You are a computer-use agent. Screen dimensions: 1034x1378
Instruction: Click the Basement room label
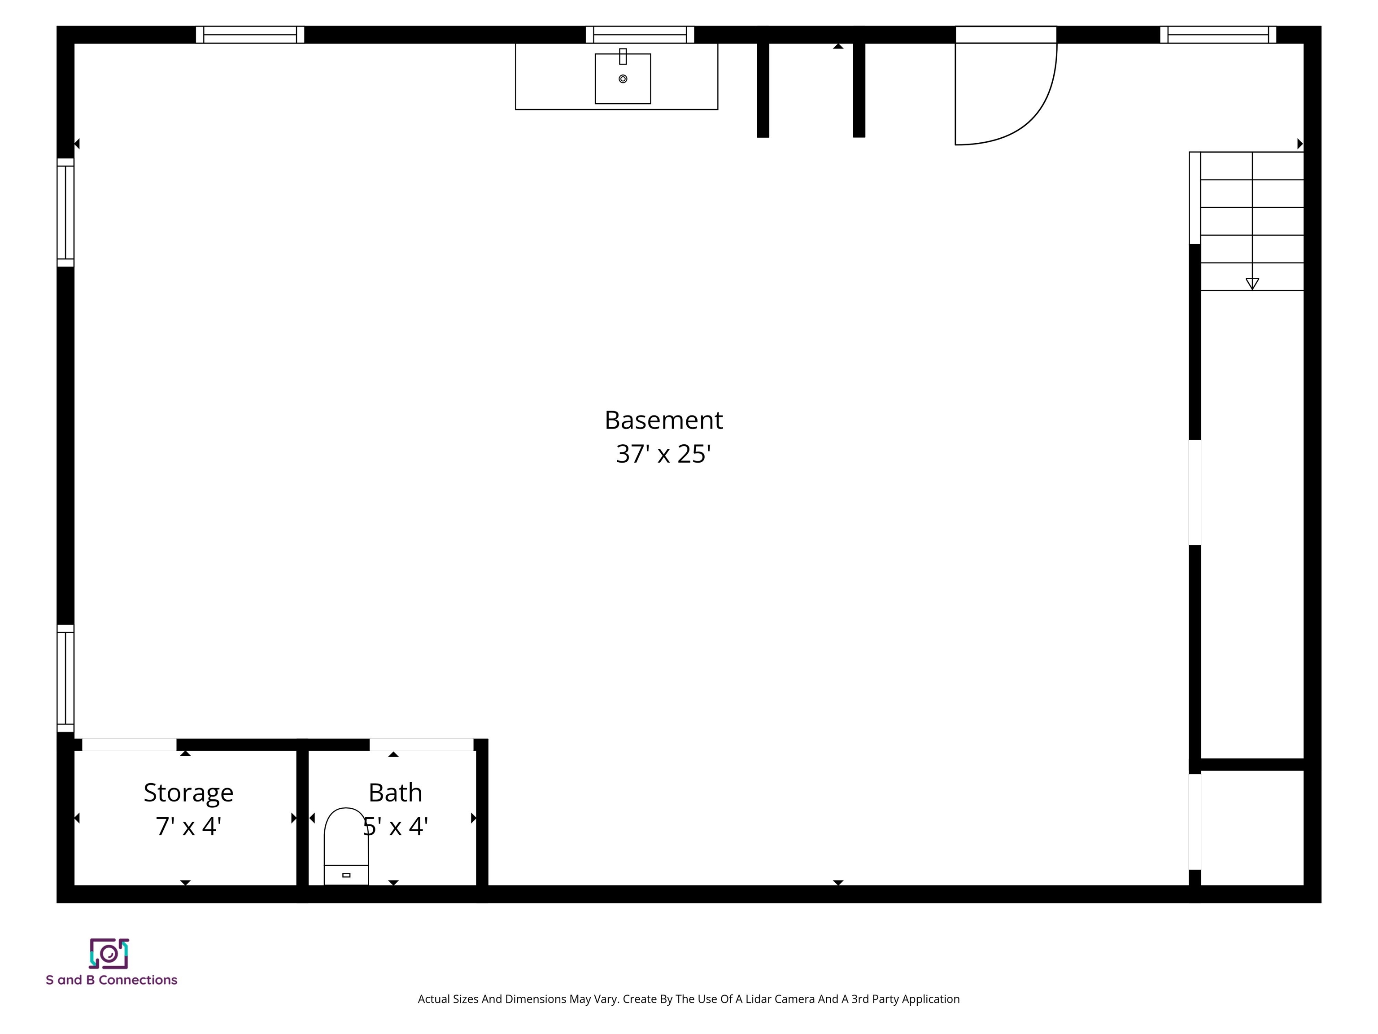[663, 420]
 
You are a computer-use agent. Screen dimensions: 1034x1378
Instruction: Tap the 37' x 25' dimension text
[663, 454]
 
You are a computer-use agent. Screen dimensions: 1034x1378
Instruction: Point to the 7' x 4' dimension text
[188, 827]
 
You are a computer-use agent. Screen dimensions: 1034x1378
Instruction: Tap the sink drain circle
[622, 79]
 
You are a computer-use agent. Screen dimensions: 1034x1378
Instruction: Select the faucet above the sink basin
[622, 56]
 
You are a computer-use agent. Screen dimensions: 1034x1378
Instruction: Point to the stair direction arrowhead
[1252, 284]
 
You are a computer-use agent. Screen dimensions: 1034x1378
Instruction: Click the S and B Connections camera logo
[109, 953]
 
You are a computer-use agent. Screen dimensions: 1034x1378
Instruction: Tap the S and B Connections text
[112, 980]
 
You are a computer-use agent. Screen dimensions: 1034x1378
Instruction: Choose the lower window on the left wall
[65, 678]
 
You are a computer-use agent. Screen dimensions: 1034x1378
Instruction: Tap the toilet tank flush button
[346, 875]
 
